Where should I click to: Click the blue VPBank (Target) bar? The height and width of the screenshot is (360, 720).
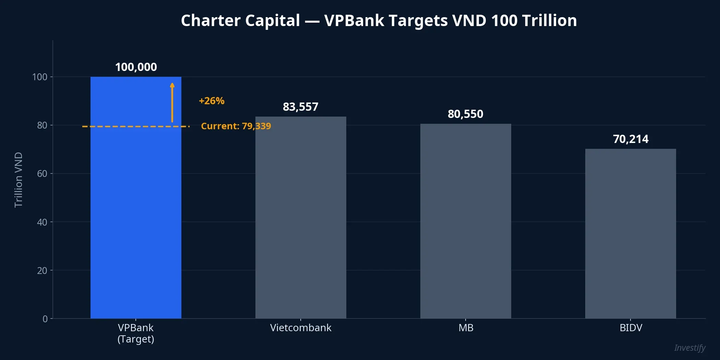point(136,206)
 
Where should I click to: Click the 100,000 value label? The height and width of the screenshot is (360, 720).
point(136,67)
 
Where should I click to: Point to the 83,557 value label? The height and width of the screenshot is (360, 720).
point(301,107)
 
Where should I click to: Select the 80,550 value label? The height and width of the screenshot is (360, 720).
point(466,114)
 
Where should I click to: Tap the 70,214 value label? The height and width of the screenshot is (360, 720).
point(631,139)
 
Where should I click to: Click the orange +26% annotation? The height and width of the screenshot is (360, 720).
point(212,101)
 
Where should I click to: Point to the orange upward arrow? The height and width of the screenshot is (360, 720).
point(172,103)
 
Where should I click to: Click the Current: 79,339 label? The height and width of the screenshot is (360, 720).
point(236,126)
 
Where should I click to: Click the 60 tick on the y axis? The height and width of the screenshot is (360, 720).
point(42,173)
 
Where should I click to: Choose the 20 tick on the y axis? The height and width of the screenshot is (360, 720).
point(42,271)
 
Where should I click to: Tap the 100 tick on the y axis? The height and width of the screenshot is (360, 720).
point(40,77)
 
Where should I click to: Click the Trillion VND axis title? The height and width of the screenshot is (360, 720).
point(19,180)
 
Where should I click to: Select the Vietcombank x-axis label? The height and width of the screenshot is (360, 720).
point(301,328)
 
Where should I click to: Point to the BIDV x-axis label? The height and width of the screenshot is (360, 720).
point(631,328)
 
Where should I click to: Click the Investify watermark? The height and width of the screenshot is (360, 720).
point(689,348)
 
